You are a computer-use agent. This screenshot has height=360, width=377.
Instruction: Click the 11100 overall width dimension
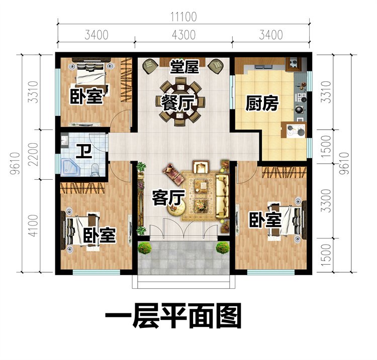183,17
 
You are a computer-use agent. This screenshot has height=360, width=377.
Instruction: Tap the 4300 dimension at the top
183,35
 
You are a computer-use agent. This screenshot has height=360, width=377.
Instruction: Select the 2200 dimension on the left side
33,155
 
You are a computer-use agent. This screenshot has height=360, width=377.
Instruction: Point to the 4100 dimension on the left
33,225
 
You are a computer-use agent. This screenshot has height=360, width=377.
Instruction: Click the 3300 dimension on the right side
326,200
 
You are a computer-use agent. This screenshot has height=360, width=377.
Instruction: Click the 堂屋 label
184,66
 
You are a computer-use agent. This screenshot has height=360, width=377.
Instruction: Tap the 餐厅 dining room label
177,103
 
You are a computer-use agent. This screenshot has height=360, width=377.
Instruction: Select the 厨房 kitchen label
262,103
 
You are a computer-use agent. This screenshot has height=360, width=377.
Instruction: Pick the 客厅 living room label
168,198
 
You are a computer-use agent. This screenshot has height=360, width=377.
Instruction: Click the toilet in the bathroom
96,170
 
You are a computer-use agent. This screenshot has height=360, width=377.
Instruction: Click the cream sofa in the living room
223,196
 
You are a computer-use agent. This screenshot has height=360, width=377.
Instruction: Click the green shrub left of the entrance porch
145,248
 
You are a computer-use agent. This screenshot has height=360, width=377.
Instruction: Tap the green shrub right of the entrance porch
223,248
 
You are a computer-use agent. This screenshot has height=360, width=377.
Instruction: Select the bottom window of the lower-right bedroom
271,272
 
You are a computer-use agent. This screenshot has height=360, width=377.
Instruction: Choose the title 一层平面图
173,316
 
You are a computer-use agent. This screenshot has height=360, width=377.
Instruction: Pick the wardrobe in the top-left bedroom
127,80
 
